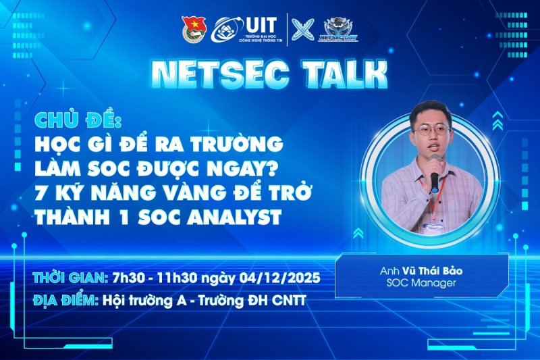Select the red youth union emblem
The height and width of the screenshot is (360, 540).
click(192, 29)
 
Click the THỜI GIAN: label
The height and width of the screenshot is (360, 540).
click(69, 278)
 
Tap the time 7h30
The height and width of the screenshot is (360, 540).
click(126, 278)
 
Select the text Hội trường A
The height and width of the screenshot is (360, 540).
click(149, 301)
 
